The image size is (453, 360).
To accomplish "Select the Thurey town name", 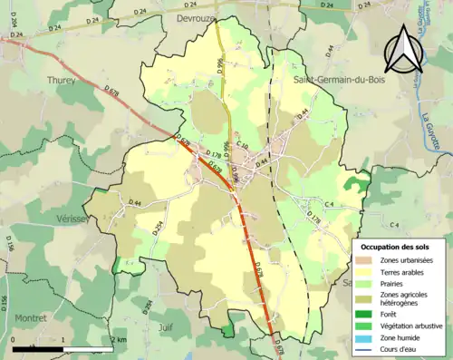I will click(x=61, y=80).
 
